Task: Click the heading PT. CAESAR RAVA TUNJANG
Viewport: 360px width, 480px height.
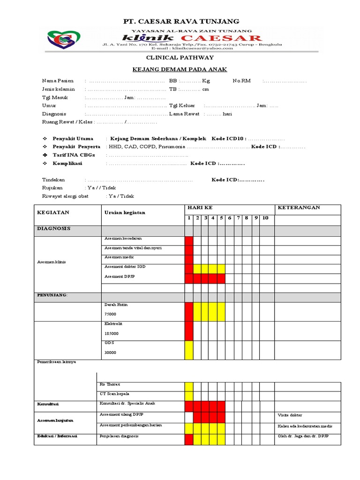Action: (180, 22)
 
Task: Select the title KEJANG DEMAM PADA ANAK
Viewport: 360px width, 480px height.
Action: (180, 69)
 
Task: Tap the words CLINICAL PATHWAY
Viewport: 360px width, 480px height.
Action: (180, 57)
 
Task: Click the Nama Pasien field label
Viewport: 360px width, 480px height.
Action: (58, 81)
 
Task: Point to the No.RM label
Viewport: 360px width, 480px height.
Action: (241, 81)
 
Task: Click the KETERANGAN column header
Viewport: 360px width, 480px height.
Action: (299, 208)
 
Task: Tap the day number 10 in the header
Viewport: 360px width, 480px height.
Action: (265, 218)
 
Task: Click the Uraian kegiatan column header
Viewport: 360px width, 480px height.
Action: (125, 212)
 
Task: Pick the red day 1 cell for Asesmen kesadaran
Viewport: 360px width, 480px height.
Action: (189, 241)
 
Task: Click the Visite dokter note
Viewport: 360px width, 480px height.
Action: (290, 415)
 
